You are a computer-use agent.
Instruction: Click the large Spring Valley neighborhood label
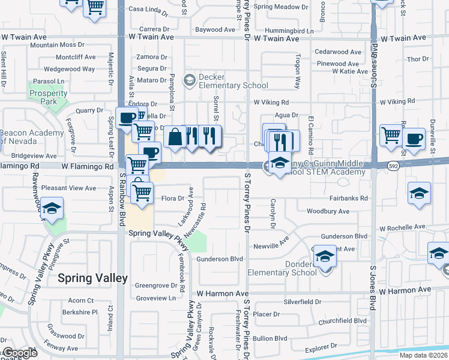pos(92,278)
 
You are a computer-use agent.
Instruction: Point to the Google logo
pos(20,353)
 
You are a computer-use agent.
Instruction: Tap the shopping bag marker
pos(174,137)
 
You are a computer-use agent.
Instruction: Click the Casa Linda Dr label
pos(148,10)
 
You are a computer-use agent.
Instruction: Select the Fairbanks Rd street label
pos(348,198)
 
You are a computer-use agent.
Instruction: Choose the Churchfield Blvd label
pos(343,320)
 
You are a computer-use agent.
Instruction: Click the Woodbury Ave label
pos(328,211)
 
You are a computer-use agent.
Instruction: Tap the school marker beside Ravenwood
pos(52,209)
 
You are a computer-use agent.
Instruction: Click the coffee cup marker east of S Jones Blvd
pos(414,139)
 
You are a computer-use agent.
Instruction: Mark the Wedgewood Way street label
pos(70,69)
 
